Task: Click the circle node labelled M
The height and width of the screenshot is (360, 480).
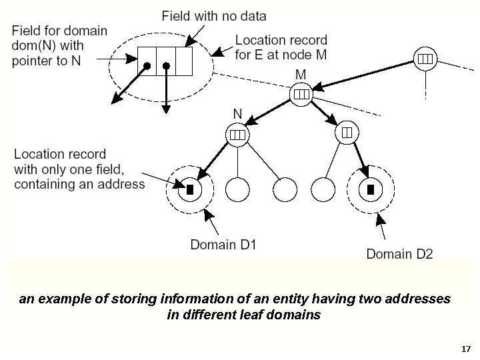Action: coord(301,94)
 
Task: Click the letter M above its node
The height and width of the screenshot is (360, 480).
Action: coord(301,73)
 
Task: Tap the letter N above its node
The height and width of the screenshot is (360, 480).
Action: coord(237,114)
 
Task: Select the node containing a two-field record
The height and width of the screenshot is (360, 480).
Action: coord(347,133)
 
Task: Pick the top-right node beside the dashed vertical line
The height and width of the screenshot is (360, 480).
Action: coord(424,59)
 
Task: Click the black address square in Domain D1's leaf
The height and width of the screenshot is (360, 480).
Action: coord(190,189)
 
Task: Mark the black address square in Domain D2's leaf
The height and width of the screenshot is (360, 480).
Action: coord(370,189)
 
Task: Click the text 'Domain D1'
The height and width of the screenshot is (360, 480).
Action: coord(223,244)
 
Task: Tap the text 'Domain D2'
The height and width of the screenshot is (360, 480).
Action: coord(399,253)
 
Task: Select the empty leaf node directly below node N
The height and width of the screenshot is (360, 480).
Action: coord(237,189)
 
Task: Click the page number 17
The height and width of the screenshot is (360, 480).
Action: coord(466,349)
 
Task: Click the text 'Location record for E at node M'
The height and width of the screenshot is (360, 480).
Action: coord(281,47)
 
